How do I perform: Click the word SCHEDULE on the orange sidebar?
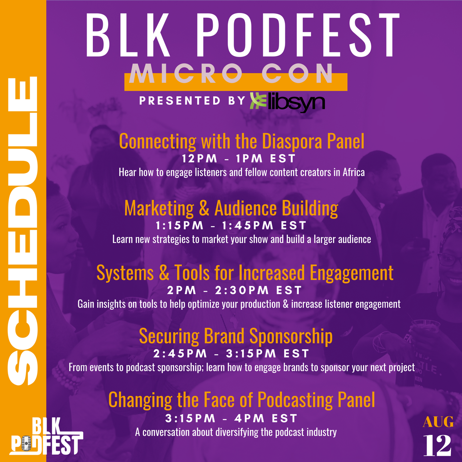click(x=23, y=231)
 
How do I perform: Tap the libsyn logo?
click(x=287, y=102)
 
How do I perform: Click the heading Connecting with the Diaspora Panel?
click(x=241, y=141)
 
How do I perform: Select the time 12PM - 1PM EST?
click(x=239, y=159)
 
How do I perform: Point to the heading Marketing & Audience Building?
click(x=231, y=208)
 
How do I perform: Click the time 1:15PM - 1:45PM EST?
click(x=231, y=225)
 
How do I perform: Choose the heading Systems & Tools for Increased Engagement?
click(x=245, y=273)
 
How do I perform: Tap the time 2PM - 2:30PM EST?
click(x=234, y=290)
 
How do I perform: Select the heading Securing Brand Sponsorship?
click(x=236, y=336)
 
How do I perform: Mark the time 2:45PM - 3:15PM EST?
click(x=231, y=353)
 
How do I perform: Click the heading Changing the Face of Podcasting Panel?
click(x=241, y=400)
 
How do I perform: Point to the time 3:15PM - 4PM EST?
click(x=231, y=418)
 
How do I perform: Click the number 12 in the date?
click(x=437, y=445)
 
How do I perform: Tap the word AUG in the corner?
click(x=438, y=422)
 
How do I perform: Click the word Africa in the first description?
click(x=353, y=172)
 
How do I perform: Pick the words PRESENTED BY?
click(x=192, y=101)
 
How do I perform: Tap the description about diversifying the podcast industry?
click(x=236, y=432)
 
